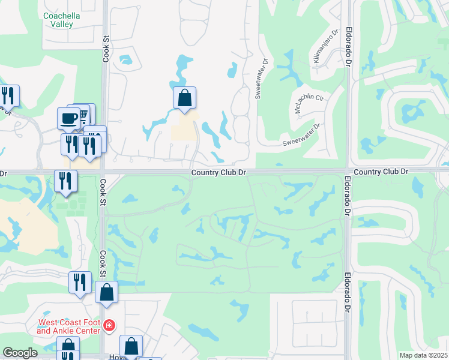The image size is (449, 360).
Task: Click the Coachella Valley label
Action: (58, 20)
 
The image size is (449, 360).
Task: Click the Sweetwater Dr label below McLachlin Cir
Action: (301, 135)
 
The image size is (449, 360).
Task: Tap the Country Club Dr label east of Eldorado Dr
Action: (381, 172)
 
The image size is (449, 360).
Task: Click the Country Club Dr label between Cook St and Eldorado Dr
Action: (219, 172)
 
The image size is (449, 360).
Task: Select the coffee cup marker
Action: (68, 117)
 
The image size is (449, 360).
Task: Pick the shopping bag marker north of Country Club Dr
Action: (185, 97)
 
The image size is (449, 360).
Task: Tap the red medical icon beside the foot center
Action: (109, 326)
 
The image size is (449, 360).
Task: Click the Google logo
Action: (20, 353)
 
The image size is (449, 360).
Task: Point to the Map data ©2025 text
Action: (423, 355)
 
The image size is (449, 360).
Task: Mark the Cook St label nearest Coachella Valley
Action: (106, 48)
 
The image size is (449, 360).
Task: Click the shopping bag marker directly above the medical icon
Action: (106, 292)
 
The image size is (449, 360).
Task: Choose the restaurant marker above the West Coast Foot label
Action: (80, 281)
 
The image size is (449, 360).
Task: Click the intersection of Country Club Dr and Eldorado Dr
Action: (348, 172)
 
